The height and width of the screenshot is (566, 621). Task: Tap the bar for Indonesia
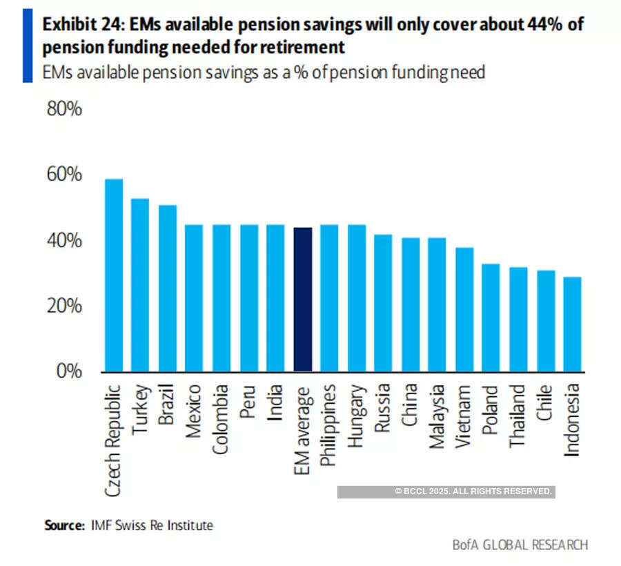573,324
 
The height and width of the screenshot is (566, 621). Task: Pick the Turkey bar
140,284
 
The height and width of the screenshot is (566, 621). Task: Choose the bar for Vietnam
464,309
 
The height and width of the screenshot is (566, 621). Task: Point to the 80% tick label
64,109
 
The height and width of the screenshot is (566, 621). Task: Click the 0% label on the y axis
70,371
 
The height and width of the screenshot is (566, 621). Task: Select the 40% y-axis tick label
64,241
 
